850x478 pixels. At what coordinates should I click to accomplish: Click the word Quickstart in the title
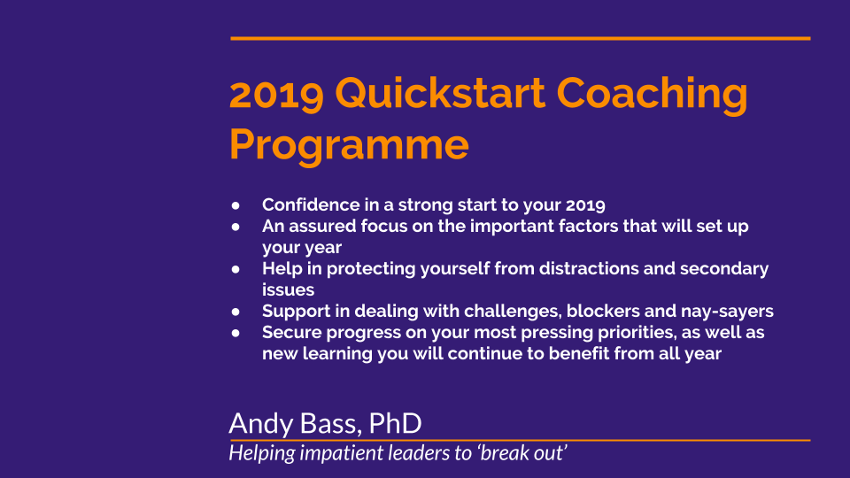tap(440, 94)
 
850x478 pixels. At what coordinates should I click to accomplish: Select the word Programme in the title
tap(349, 145)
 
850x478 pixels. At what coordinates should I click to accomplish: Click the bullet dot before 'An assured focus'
tap(236, 227)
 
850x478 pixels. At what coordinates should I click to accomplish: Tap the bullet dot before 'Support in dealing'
tap(236, 312)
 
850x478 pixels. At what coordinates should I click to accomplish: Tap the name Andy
tap(261, 424)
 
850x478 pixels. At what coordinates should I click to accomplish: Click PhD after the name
tap(395, 423)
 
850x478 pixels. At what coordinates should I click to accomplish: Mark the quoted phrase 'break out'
tap(522, 452)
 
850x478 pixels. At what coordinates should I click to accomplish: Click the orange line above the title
tap(521, 38)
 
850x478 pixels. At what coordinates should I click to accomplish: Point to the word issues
tap(289, 290)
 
